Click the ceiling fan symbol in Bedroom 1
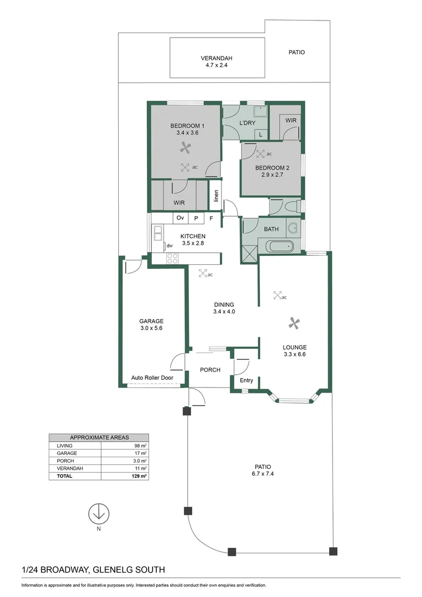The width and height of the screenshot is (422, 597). [186, 147]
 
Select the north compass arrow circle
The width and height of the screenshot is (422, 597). [98, 513]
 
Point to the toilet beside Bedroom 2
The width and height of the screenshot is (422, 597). [292, 207]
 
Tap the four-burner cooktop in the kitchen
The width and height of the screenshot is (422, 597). [172, 258]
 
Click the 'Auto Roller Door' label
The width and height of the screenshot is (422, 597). [152, 378]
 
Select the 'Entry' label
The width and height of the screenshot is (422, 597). [246, 380]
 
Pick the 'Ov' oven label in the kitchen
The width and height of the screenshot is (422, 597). [180, 218]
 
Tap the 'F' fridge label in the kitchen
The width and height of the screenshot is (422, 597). [210, 218]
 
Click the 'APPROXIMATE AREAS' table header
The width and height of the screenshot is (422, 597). [98, 437]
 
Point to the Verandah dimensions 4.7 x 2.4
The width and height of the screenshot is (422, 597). [216, 65]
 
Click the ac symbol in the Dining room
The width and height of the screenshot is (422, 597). [203, 273]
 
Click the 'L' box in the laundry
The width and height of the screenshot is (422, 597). [260, 134]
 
